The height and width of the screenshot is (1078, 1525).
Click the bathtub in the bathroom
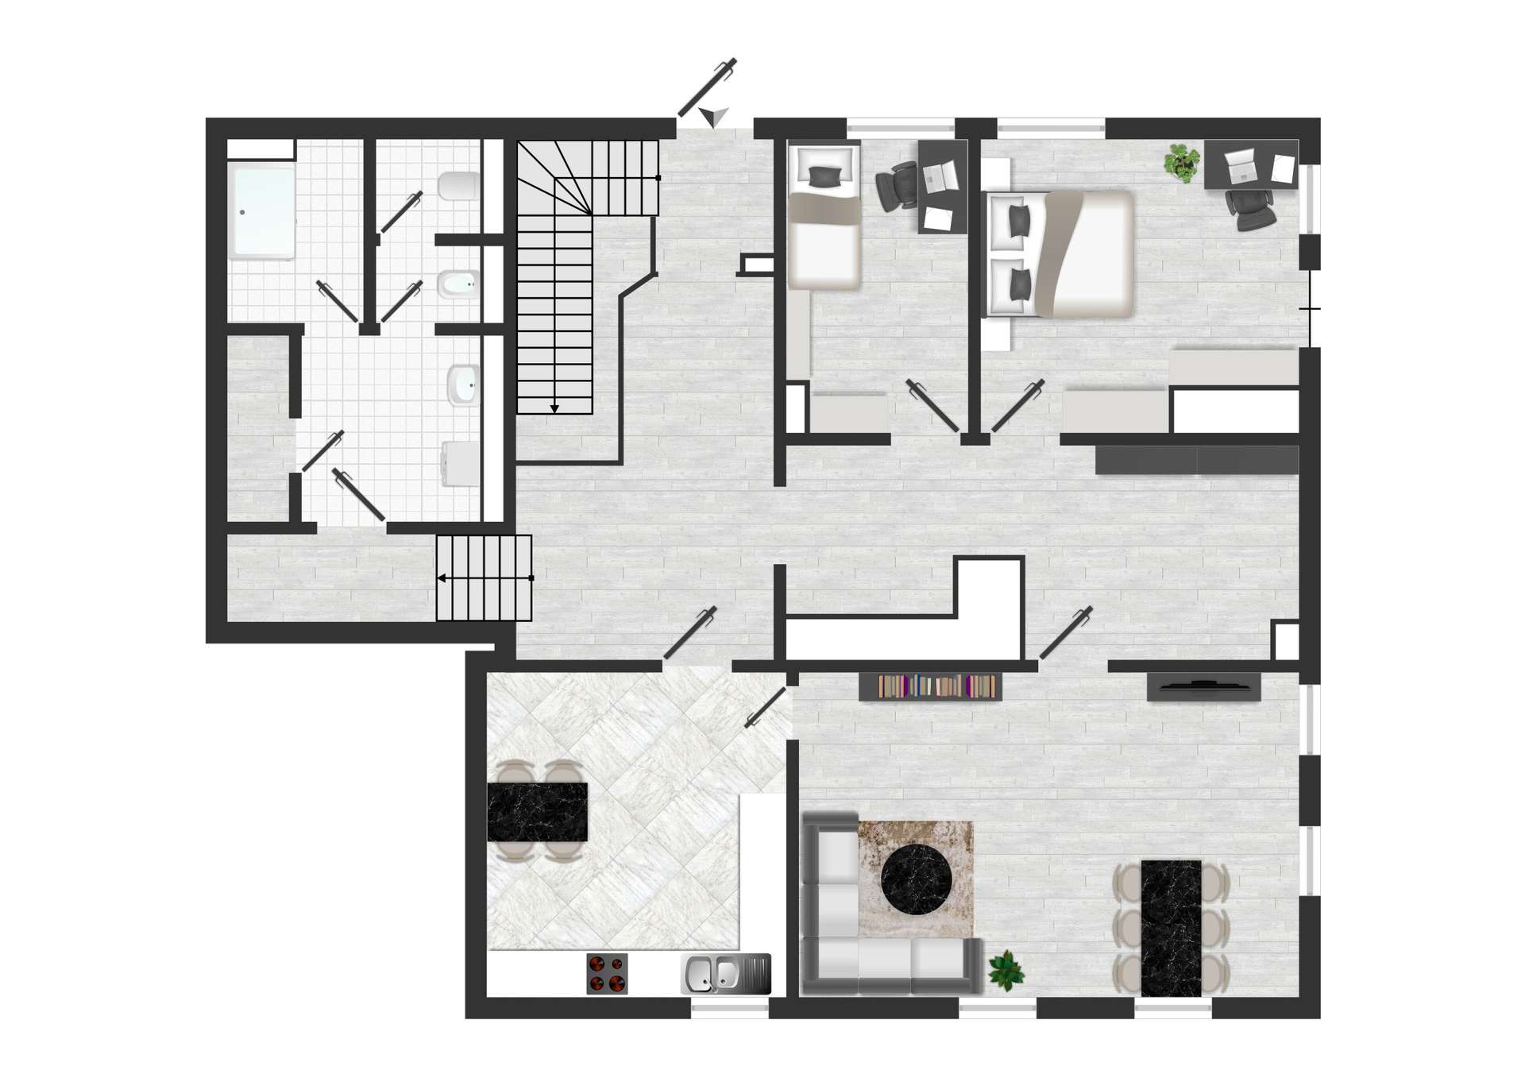pos(262,211)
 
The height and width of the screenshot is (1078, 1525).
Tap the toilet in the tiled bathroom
pos(459,187)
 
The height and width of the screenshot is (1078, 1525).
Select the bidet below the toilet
pos(458,283)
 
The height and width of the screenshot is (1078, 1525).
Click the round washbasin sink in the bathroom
pos(463,385)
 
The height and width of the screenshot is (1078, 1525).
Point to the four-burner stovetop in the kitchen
pos(607,973)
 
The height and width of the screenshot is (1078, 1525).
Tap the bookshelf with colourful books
pos(931,686)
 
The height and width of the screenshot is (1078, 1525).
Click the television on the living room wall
pos(1203,686)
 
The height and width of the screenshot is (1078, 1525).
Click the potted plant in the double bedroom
pos(1182,163)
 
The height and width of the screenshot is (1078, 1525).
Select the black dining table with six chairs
pos(1171,928)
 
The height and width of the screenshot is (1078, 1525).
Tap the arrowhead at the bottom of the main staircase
pos(554,408)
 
